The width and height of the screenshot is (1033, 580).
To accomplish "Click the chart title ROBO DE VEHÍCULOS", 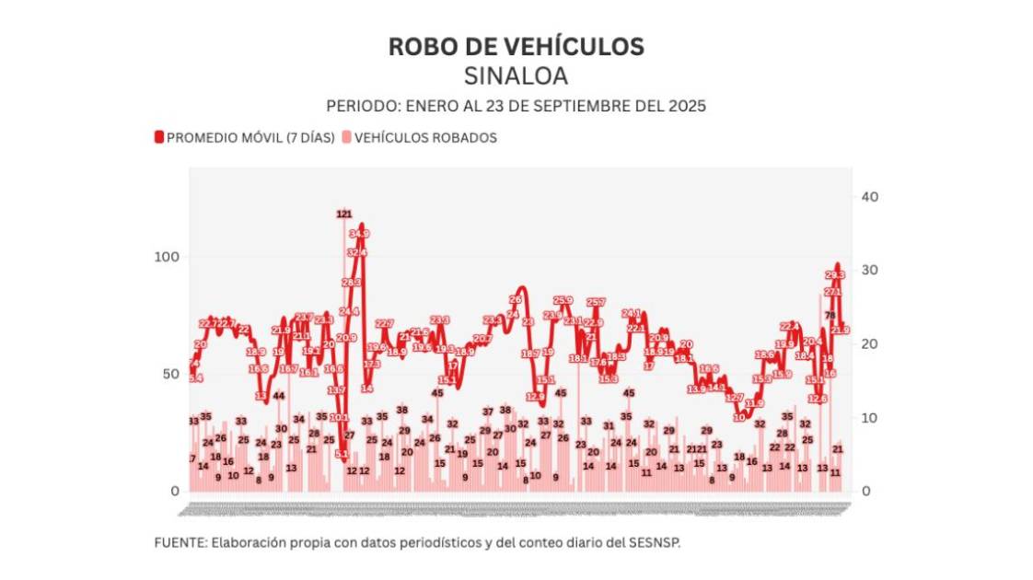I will [516, 46].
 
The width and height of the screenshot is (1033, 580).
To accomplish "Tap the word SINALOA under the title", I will [516, 75].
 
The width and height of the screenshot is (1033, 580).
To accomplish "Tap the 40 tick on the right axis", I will [870, 197].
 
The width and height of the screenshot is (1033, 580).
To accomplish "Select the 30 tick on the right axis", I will [870, 271].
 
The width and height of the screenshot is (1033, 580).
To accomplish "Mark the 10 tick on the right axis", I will [870, 418].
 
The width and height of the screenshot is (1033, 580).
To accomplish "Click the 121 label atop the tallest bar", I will [343, 215].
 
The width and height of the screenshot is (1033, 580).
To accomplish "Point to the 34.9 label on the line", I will [359, 234].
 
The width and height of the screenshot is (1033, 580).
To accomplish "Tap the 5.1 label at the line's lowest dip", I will [341, 454].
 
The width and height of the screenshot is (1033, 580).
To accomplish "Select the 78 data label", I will [830, 316].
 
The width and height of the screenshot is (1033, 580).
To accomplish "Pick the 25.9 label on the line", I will [563, 300].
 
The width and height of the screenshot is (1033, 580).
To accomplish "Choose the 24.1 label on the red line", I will [631, 314].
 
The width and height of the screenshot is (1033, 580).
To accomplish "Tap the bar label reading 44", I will [279, 396].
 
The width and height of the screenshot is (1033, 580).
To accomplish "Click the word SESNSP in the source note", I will [656, 543].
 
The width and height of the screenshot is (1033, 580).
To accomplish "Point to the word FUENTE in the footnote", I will [180, 543].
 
